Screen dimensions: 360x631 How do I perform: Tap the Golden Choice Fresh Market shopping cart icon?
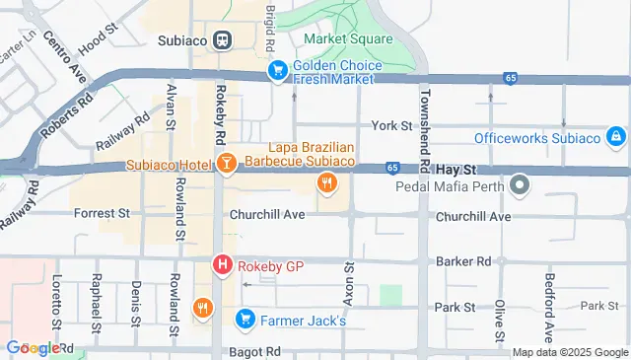coord(279,71)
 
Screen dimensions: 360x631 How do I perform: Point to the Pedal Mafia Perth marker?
coord(520,185)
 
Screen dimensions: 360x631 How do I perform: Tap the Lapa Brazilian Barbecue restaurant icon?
coord(327,182)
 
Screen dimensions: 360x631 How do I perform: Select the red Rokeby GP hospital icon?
coord(223,264)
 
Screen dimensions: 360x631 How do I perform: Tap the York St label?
coord(391,126)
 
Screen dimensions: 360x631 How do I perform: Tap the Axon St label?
coord(348,285)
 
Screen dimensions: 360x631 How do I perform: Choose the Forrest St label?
coord(104,212)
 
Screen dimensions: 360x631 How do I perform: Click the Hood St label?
coord(97,43)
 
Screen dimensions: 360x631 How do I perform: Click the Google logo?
coord(33,348)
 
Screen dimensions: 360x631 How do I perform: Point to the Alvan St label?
coord(172,107)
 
